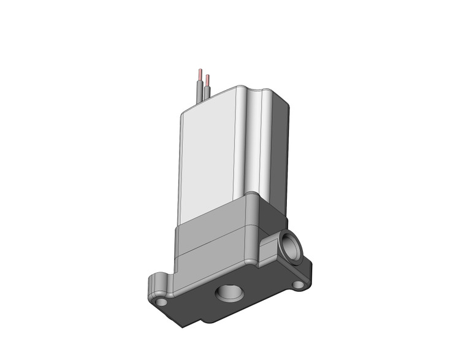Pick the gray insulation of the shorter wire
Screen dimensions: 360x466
point(207,92)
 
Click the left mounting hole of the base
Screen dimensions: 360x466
point(161,302)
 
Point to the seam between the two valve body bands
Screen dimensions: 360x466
point(212,244)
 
